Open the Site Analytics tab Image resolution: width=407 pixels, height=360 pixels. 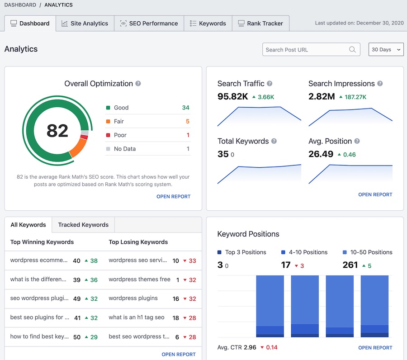[x=85, y=24]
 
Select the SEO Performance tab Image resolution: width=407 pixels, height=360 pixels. [x=149, y=24]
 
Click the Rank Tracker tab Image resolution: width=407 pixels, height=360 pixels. [x=260, y=24]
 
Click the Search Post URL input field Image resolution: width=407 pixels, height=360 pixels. [x=305, y=50]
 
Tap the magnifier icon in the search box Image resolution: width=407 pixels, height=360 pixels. [x=352, y=50]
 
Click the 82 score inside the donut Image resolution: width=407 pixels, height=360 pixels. [x=57, y=131]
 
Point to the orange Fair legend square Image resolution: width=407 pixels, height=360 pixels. [x=108, y=121]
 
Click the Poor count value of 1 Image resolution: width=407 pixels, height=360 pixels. [x=188, y=135]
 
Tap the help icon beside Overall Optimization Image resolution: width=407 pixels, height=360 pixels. [x=138, y=84]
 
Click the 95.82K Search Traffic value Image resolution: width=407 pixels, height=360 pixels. [x=232, y=96]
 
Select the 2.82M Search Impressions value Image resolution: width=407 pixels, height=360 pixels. [x=322, y=96]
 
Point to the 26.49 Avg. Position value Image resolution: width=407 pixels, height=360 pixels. [x=321, y=154]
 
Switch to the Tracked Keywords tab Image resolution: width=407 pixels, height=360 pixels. [x=83, y=225]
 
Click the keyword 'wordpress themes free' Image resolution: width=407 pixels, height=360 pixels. [x=139, y=279]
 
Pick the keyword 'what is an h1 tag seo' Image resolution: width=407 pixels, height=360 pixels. [x=137, y=317]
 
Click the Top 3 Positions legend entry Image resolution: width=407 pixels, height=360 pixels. [x=242, y=252]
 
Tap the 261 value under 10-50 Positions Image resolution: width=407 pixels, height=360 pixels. [x=350, y=265]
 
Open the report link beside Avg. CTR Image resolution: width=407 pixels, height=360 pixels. [x=375, y=348]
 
